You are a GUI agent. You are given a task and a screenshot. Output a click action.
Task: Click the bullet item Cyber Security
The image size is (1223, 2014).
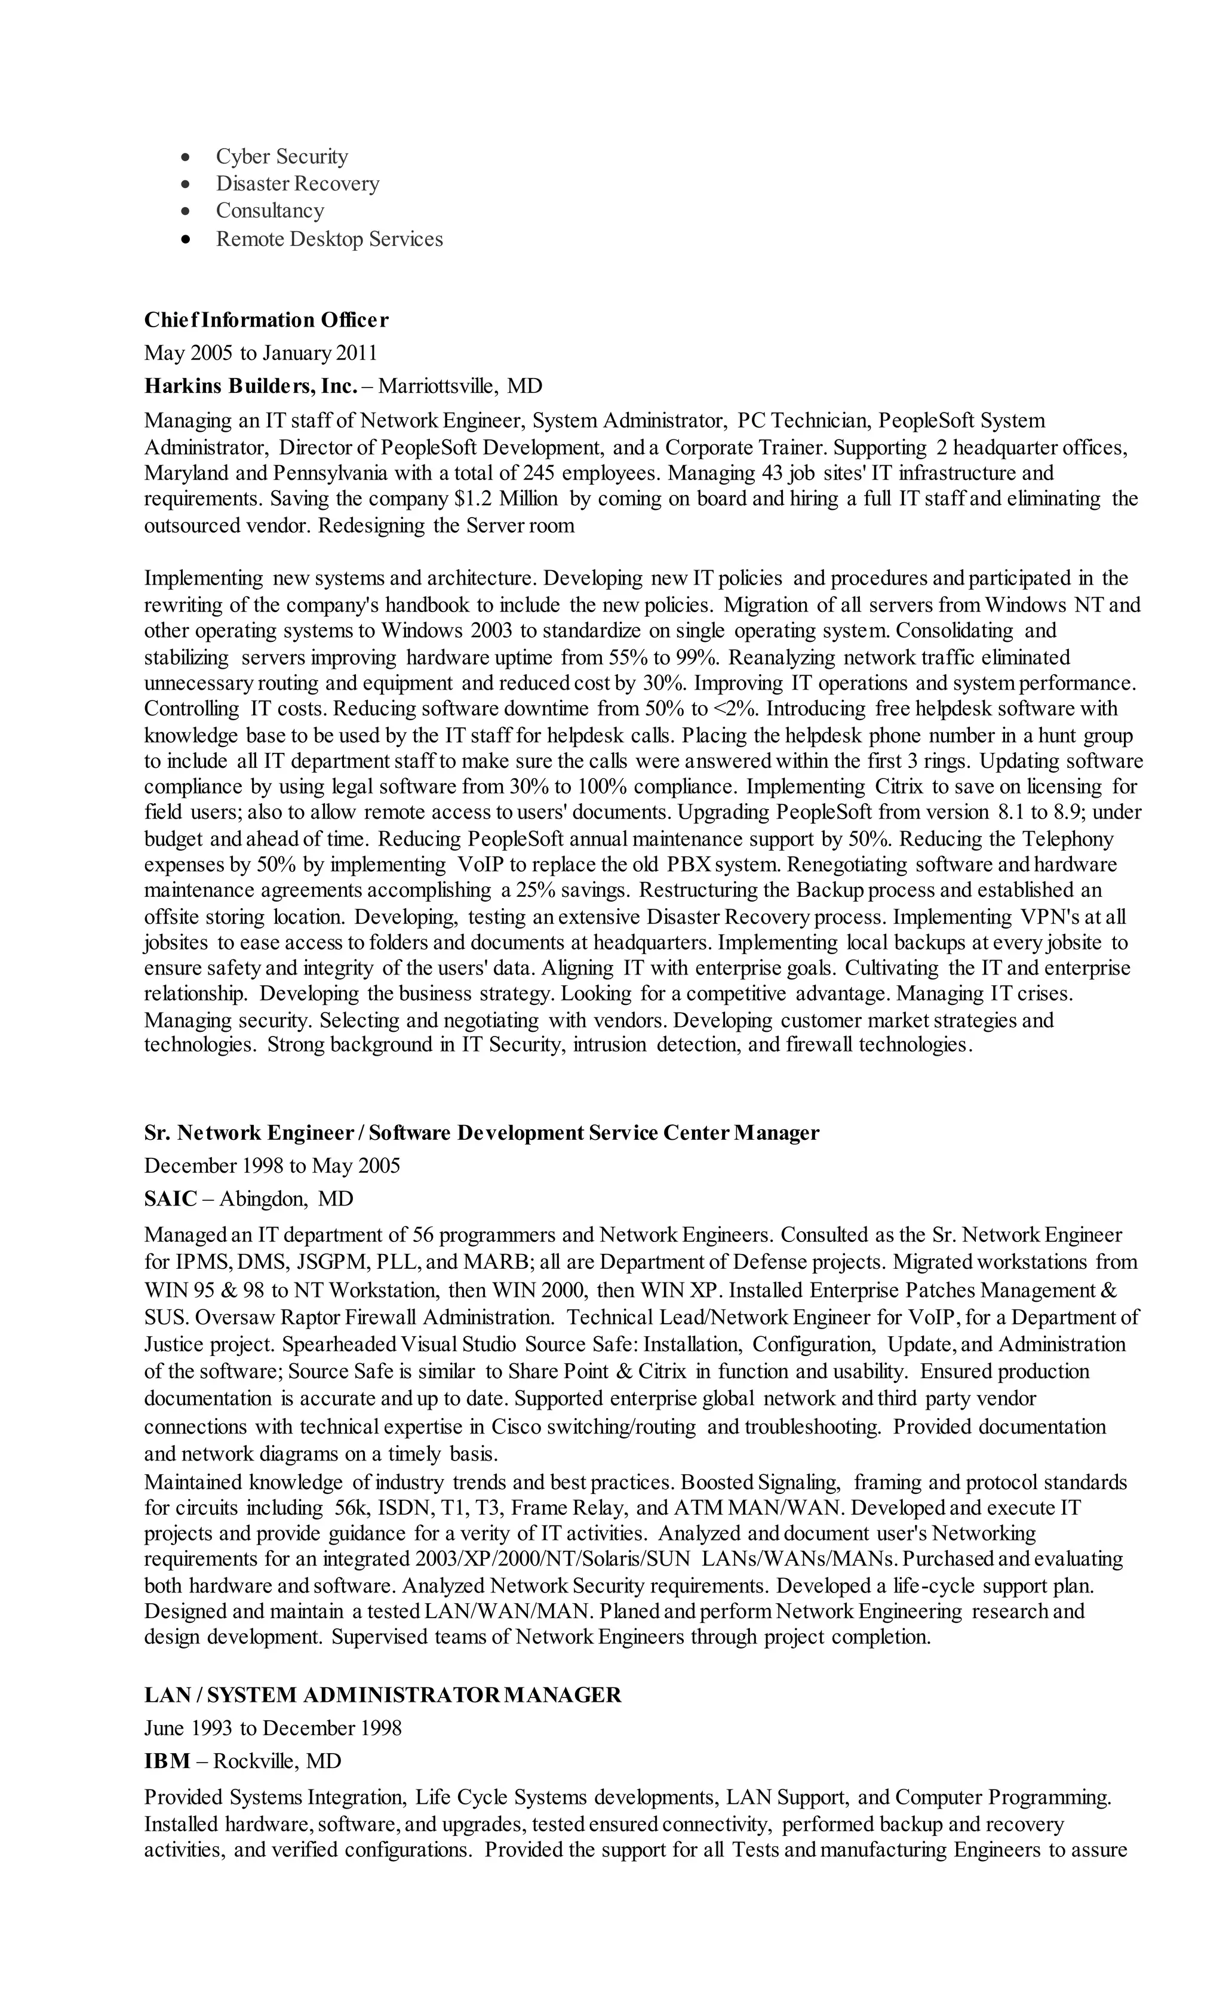[x=281, y=156]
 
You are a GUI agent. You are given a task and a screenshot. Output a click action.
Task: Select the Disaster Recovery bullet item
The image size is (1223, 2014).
[x=297, y=183]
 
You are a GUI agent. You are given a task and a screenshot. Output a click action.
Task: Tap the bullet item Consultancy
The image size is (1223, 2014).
[x=270, y=211]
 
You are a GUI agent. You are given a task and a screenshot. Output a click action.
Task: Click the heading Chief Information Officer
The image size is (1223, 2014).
[x=266, y=319]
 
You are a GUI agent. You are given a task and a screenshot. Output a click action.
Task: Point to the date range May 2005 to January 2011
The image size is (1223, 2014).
[x=261, y=352]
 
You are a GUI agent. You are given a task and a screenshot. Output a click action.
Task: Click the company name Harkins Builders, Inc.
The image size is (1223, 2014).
[x=251, y=385]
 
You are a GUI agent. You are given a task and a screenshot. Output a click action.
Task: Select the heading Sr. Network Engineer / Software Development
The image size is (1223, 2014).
[x=481, y=1132]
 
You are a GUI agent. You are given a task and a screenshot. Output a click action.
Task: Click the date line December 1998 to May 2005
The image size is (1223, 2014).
[x=272, y=1165]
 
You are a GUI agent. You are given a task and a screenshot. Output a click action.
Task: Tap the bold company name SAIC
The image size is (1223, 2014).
[x=171, y=1198]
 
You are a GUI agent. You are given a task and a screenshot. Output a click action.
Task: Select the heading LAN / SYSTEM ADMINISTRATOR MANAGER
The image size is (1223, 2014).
[x=383, y=1695]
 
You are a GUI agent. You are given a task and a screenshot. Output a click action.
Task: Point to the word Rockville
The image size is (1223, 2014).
[x=254, y=1760]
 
